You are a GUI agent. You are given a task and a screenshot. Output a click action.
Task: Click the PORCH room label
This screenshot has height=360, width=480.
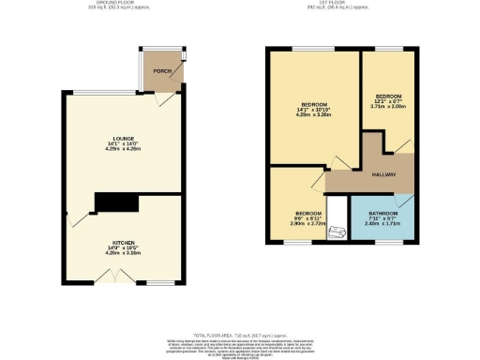coord(161,71)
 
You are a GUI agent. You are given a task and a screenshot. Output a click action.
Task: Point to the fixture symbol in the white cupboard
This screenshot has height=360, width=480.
coord(336,226)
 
